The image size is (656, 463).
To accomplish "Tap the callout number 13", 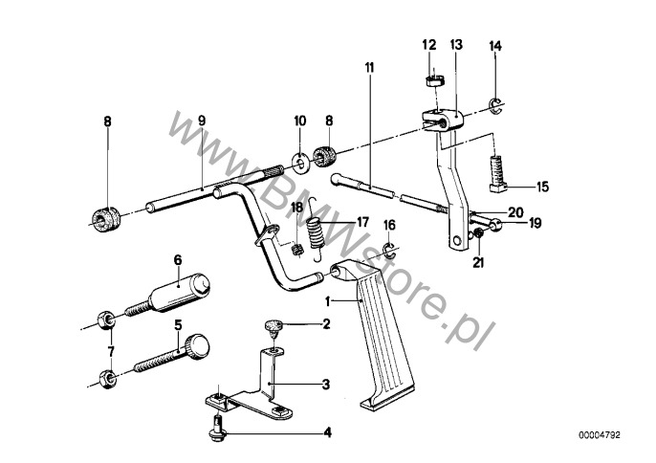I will point(455,45).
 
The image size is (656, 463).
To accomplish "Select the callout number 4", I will point(326,432).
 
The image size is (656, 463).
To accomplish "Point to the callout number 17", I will point(362,222).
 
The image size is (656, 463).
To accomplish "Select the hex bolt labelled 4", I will point(217,428).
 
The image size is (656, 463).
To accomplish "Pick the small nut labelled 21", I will point(476,238).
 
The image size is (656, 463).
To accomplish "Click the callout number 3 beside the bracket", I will point(326,385).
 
